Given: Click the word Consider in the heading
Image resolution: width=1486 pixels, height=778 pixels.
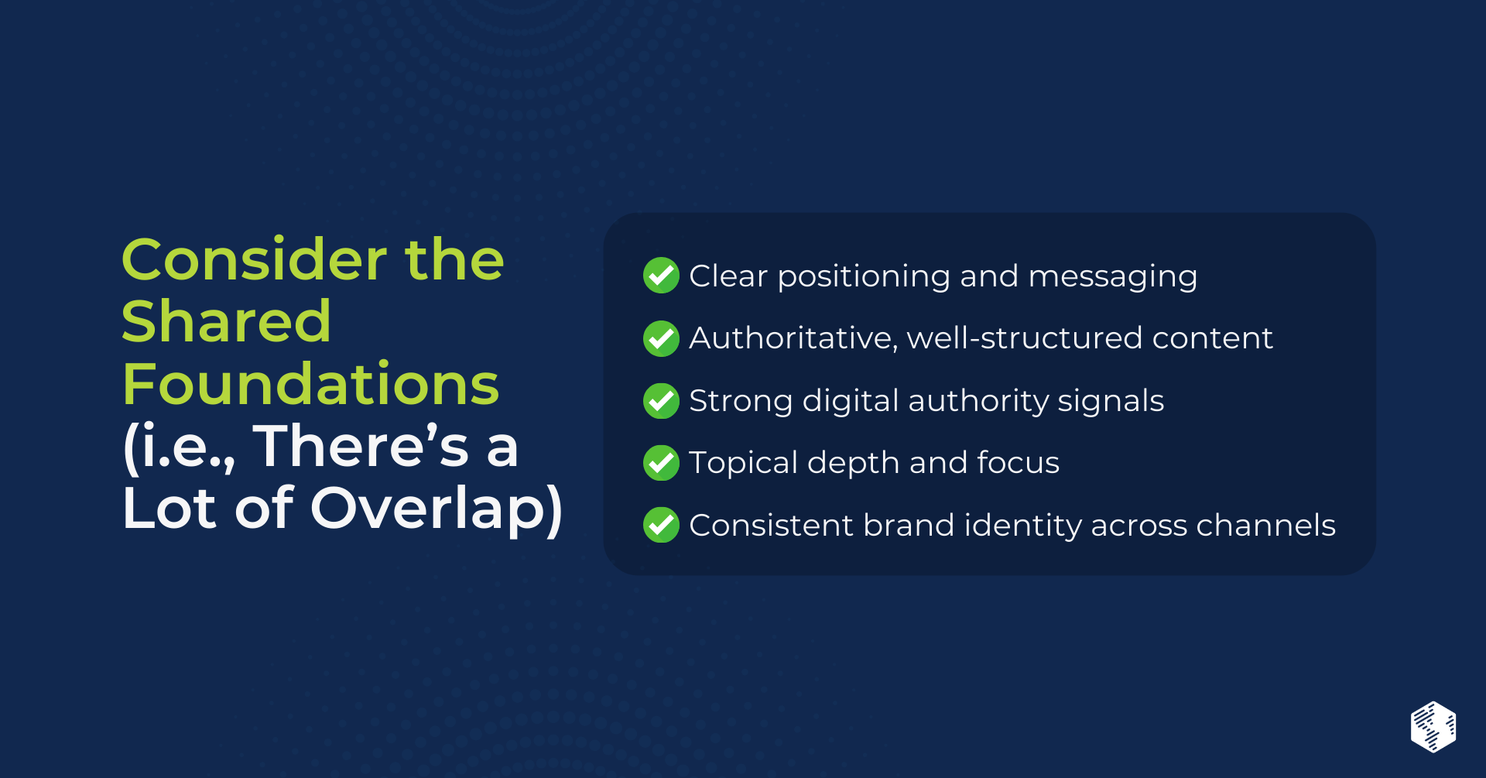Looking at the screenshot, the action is tap(255, 259).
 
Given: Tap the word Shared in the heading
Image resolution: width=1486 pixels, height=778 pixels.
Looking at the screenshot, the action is tap(227, 321).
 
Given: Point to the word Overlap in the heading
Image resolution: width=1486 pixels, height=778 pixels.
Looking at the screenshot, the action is tap(437, 509).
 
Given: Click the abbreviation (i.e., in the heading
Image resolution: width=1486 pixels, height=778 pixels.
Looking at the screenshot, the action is tap(179, 447).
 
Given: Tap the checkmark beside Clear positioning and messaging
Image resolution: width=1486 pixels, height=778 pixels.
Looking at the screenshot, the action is tap(662, 276).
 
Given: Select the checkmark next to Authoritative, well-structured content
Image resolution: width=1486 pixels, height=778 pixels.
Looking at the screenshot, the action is tap(662, 338).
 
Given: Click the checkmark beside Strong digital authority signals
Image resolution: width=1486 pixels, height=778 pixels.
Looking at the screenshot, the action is tap(662, 400).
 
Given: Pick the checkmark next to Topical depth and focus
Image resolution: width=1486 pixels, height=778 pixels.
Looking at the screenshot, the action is tap(662, 463).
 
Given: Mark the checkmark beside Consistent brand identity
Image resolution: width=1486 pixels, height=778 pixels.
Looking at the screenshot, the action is tap(662, 525).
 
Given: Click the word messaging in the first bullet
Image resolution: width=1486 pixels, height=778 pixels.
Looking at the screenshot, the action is tap(1113, 278).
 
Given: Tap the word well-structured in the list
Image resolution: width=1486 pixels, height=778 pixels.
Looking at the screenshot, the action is tap(1025, 338).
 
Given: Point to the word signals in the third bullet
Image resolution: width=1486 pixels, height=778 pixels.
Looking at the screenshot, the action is tap(1111, 402).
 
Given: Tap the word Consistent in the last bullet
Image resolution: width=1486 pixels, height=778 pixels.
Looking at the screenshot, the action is tap(772, 525).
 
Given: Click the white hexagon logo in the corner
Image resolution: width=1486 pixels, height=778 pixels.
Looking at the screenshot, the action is tap(1433, 727).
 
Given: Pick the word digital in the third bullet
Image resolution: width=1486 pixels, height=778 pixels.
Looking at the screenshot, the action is tap(851, 402).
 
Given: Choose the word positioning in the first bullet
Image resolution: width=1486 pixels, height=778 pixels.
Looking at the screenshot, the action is tap(864, 278).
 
